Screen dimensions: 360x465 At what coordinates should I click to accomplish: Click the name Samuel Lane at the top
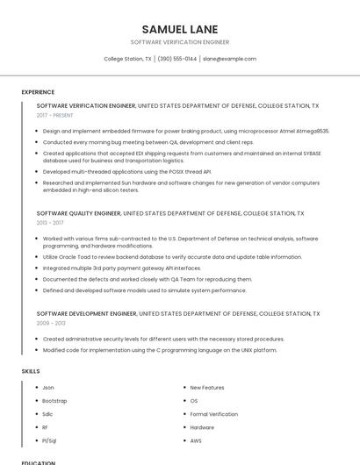click(179, 29)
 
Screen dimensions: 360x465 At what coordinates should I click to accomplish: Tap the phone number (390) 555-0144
click(177, 59)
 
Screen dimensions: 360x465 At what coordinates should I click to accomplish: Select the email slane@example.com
click(229, 59)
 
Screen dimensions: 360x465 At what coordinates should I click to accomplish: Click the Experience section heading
click(38, 92)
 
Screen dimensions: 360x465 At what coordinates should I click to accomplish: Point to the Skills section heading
click(31, 371)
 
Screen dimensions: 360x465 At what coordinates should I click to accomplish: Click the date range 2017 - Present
click(54, 115)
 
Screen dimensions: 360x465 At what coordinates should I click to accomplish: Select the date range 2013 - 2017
click(50, 223)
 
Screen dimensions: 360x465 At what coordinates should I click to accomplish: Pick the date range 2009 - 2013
click(50, 324)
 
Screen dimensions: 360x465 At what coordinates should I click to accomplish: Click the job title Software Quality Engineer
click(79, 213)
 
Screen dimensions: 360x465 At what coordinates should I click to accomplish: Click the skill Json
click(48, 387)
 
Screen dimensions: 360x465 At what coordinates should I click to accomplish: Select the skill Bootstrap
click(54, 400)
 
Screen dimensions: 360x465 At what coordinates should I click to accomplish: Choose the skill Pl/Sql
click(50, 440)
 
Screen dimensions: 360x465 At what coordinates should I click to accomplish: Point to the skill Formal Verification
click(213, 414)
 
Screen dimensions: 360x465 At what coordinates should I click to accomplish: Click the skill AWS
click(196, 440)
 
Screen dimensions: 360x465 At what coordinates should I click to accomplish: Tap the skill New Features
click(207, 387)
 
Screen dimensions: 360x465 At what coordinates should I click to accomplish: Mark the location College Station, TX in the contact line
click(127, 59)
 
